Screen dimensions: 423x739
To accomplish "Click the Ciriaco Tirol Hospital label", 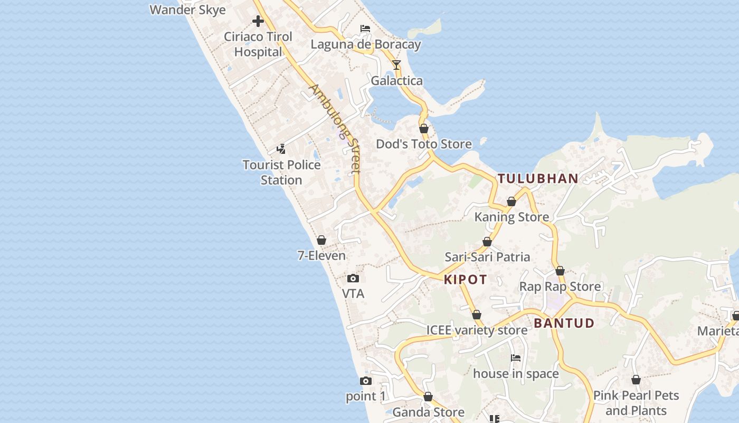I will [x=258, y=44].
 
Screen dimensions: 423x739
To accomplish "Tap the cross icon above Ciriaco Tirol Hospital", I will [x=258, y=21].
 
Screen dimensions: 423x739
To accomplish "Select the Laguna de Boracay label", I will [x=365, y=44].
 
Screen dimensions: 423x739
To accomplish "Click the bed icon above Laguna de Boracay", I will [x=365, y=29].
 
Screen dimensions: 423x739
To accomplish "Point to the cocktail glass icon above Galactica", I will [x=396, y=65].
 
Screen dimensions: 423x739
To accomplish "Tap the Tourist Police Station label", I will [x=281, y=172].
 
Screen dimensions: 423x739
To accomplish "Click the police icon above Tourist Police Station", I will [x=281, y=149].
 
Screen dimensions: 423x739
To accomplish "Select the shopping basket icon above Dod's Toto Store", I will [x=423, y=128].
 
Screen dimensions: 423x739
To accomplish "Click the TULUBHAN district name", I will [x=538, y=179].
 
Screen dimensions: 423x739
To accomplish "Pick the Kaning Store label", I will [x=511, y=217].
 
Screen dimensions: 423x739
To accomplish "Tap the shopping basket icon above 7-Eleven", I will [x=321, y=241].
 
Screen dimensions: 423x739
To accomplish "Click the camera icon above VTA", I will [x=353, y=279].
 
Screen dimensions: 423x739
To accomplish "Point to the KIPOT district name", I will [x=465, y=280].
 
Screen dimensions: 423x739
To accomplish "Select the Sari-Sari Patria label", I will [x=487, y=257].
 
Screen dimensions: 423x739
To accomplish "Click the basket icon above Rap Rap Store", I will [x=560, y=271].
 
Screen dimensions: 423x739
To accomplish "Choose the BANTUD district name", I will [x=564, y=323].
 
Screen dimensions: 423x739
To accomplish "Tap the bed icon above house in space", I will [x=516, y=358].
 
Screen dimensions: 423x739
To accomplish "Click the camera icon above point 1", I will [x=365, y=381].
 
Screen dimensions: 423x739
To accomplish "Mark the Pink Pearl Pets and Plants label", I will [x=636, y=403].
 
